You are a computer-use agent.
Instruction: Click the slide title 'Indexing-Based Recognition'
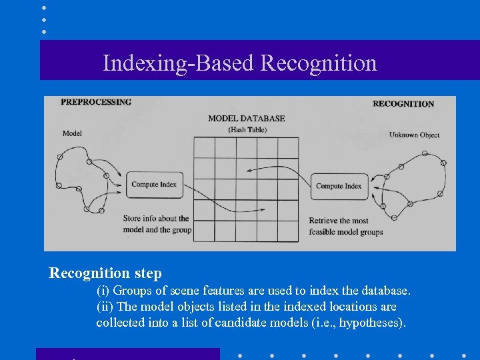(x=240, y=63)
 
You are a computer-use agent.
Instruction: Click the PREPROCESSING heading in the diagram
(x=96, y=102)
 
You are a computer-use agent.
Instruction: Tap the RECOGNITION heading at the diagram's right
(x=403, y=103)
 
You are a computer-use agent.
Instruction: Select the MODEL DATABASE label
(x=246, y=119)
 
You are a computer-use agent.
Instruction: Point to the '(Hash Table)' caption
(x=247, y=129)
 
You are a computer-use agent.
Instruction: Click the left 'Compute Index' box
(x=153, y=184)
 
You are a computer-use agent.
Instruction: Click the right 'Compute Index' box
(x=338, y=186)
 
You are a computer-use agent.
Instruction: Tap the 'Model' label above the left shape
(x=72, y=133)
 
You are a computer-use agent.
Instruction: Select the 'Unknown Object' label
(x=414, y=135)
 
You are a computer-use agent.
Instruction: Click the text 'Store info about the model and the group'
(x=157, y=224)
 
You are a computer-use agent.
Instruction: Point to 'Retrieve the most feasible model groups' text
(x=345, y=226)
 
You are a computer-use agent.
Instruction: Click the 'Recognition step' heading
(x=105, y=273)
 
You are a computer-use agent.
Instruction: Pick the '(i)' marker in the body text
(x=103, y=291)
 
